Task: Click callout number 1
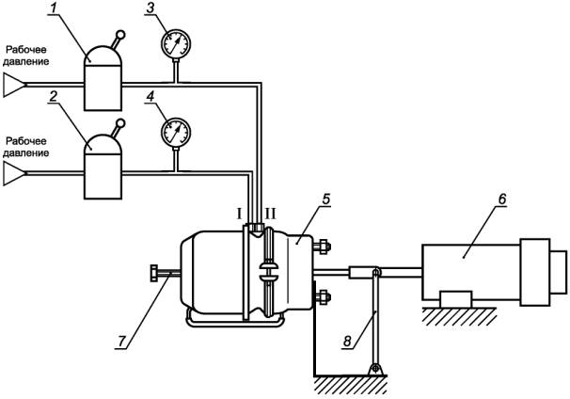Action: [54, 8]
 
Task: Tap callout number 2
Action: [53, 96]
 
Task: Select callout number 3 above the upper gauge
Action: [150, 8]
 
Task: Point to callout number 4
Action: [150, 96]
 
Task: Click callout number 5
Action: [325, 199]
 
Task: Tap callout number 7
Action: [121, 342]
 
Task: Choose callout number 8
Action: [347, 342]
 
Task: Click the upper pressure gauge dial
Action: [176, 44]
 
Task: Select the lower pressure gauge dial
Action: [176, 133]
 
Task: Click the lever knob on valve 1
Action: [120, 35]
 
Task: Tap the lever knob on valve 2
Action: [120, 123]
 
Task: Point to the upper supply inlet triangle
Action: [14, 85]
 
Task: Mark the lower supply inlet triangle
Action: [14, 174]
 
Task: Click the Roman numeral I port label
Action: [239, 214]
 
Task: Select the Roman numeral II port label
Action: [271, 214]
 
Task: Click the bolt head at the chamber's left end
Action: [153, 274]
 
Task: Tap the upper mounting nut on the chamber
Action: [323, 247]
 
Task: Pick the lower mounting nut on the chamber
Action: [323, 297]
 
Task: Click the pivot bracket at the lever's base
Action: [375, 369]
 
